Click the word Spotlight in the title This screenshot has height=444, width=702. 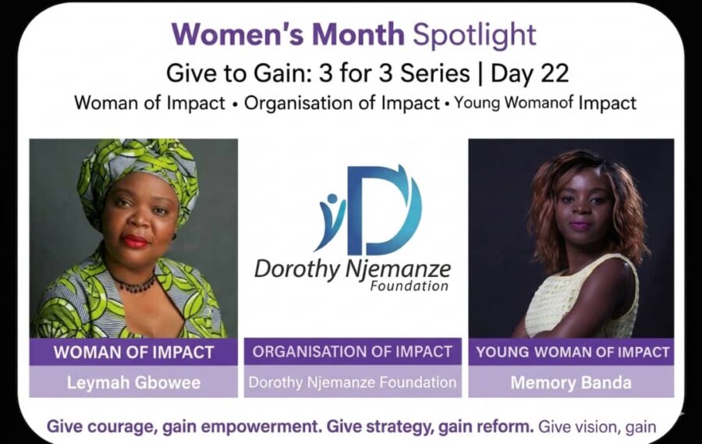pos(474,35)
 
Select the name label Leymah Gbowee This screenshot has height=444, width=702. pos(133,382)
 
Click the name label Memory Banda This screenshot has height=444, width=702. pos(571,382)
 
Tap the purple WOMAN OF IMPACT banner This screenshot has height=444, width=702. pos(133,352)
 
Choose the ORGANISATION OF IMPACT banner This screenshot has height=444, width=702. pos(353,352)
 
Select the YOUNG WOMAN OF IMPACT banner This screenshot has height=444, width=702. pos(571,352)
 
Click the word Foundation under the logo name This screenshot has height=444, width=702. pos(409,286)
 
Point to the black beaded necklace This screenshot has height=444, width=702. pos(134,283)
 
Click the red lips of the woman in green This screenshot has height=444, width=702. pos(135,241)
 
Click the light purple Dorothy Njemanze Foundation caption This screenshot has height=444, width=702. pos(353,382)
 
